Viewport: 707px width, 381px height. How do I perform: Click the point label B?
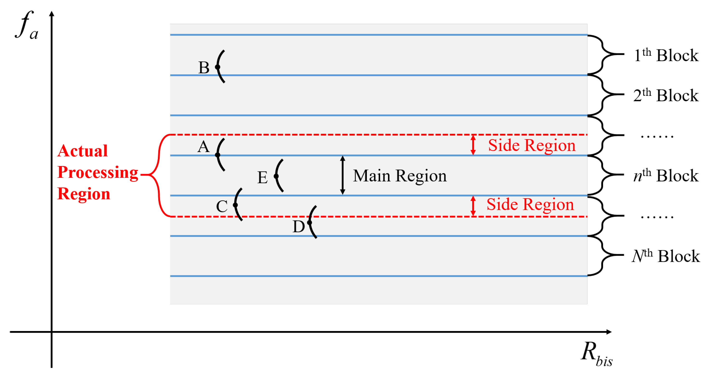204,68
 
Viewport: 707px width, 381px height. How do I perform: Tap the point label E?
262,177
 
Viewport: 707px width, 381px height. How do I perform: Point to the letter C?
222,206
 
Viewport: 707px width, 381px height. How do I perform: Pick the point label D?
299,226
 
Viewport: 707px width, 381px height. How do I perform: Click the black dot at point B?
218,67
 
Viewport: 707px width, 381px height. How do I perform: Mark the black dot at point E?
276,176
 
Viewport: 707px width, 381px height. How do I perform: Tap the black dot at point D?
310,222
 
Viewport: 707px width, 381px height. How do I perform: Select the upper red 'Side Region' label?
532,145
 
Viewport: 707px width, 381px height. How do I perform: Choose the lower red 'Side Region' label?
530,204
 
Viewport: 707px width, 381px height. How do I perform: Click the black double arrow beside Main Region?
343,175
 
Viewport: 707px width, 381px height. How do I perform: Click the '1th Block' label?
666,55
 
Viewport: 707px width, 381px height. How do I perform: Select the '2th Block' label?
666,95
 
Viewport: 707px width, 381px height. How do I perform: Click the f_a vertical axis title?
27,25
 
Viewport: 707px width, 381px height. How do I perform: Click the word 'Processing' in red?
98,172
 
